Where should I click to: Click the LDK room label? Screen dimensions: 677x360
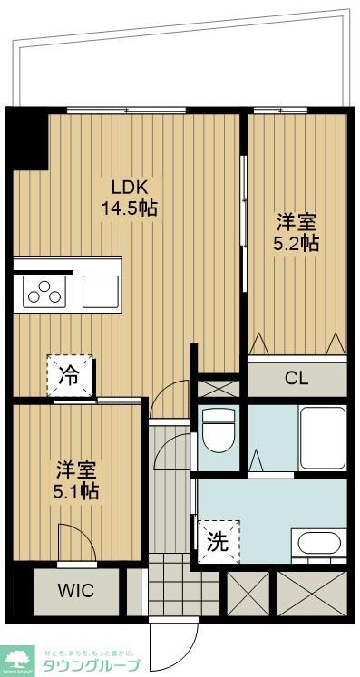(x=130, y=187)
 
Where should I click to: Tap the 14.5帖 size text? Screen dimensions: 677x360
(x=130, y=208)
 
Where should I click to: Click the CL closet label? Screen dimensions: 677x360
(x=297, y=378)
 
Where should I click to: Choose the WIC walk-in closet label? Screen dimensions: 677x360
(x=75, y=592)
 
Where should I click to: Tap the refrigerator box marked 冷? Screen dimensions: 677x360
(x=70, y=372)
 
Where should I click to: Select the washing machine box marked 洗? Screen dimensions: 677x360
(x=219, y=542)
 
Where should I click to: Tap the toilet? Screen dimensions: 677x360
(x=219, y=431)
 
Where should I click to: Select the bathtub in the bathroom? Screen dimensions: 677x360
(x=322, y=436)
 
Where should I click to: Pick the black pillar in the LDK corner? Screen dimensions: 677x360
(x=29, y=138)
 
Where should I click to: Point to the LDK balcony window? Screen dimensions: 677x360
(x=126, y=111)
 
